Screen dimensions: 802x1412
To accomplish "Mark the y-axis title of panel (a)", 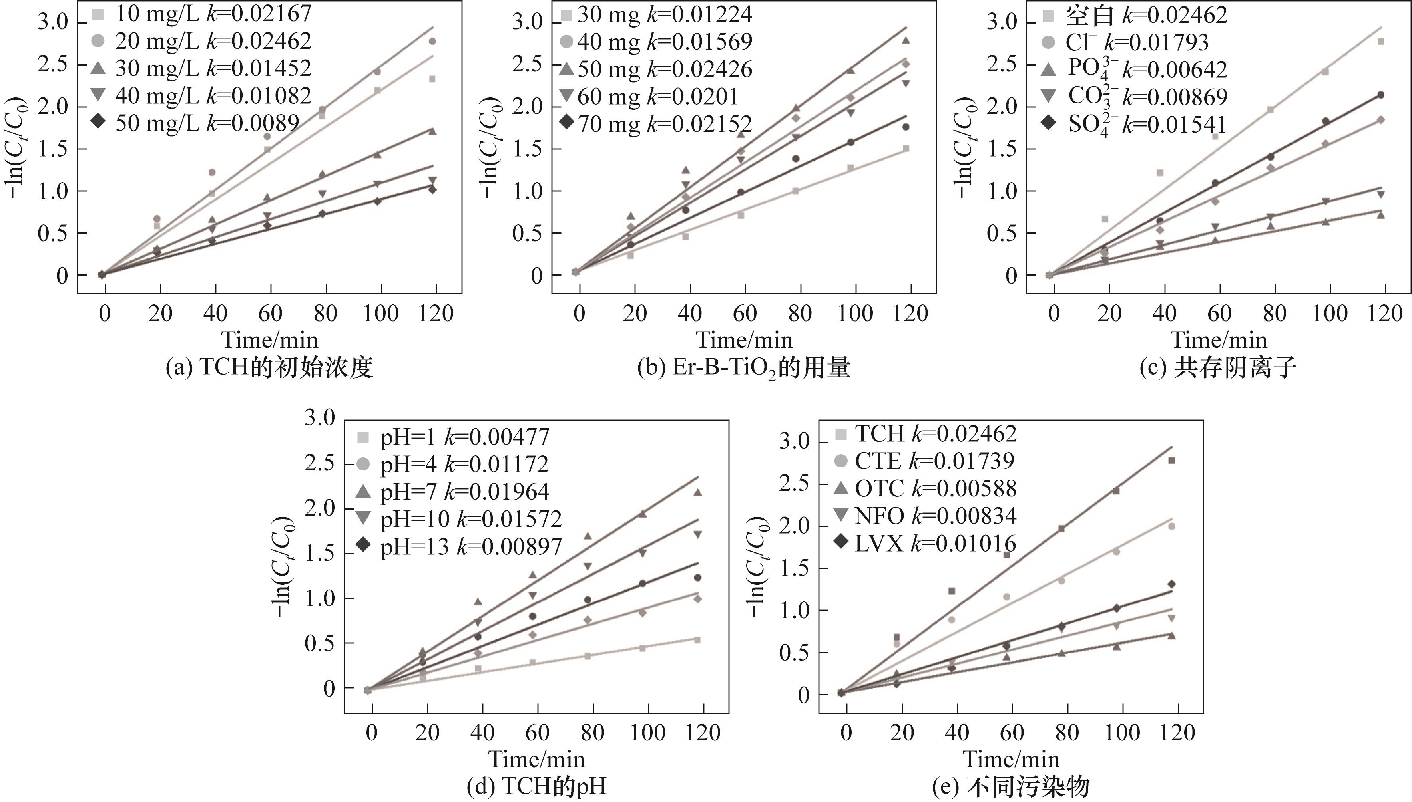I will [16, 148].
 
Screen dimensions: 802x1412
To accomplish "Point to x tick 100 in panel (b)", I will [855, 314].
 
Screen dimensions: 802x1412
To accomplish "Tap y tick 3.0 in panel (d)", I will [320, 418].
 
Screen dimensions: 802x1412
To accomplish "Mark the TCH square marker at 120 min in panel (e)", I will [1172, 461].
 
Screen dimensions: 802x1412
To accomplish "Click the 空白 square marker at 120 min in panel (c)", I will [1380, 41].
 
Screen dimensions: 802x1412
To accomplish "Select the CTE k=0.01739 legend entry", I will [934, 461].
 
